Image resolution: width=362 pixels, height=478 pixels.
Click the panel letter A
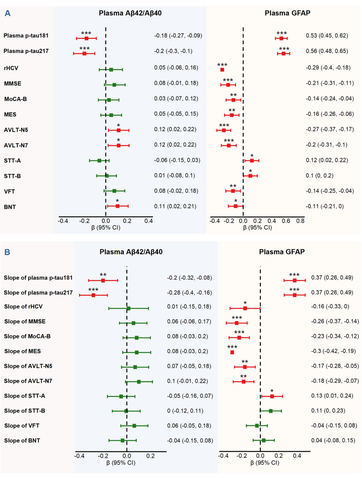[x=7, y=14]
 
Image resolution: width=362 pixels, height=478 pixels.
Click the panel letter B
[x=7, y=252]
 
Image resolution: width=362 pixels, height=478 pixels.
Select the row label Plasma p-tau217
[x=26, y=51]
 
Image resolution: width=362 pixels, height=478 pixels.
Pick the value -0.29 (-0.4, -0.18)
[x=328, y=68]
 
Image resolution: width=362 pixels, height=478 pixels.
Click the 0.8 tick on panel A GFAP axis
[x=300, y=221]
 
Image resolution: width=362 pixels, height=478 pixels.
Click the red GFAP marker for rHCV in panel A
[x=222, y=70]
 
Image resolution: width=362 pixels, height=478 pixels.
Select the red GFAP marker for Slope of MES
[x=232, y=352]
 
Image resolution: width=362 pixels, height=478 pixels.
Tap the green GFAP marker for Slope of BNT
[x=263, y=440]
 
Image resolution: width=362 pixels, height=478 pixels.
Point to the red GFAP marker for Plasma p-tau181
[x=281, y=38]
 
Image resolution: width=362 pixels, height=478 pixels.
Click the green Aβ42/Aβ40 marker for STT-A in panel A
[x=99, y=160]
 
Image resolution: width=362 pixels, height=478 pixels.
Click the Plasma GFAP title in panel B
[x=282, y=252]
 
